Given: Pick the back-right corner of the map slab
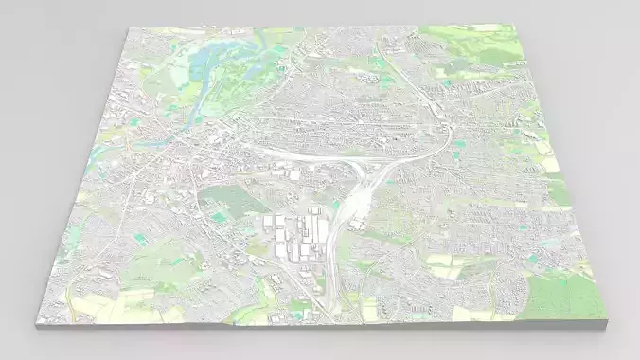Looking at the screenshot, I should tap(520, 26).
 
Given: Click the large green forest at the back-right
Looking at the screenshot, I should tap(483, 43).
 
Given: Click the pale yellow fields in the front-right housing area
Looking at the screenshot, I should tap(445, 265).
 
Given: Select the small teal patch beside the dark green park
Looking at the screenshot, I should tap(220, 218).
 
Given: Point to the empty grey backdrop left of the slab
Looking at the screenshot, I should tap(38, 142).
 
